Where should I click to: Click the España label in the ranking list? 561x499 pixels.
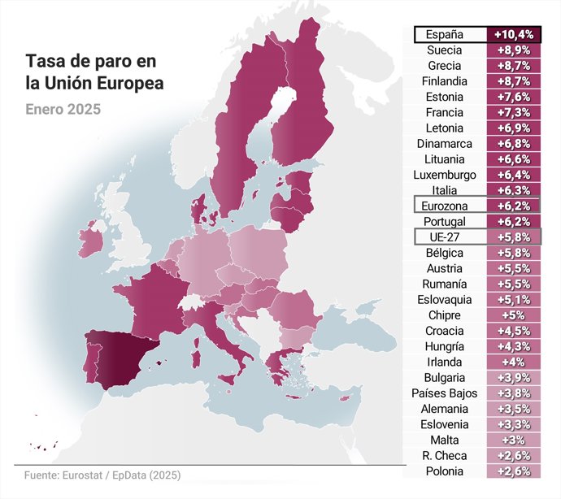point(444,34)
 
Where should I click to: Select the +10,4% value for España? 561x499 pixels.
point(513,34)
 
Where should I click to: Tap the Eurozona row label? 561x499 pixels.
point(444,206)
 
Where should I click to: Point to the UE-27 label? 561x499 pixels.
point(444,237)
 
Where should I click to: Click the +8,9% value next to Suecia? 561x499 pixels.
point(513,50)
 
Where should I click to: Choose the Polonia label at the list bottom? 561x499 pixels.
point(444,471)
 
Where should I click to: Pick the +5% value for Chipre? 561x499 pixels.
point(513,315)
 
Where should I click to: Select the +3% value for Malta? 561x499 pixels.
point(513,440)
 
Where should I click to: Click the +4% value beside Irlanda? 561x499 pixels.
point(513,362)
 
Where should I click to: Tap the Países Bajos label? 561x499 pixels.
point(444,393)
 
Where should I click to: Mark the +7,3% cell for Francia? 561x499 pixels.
point(513,112)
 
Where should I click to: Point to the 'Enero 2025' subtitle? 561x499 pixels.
point(63,108)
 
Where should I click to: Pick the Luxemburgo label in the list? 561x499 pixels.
point(444,175)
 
